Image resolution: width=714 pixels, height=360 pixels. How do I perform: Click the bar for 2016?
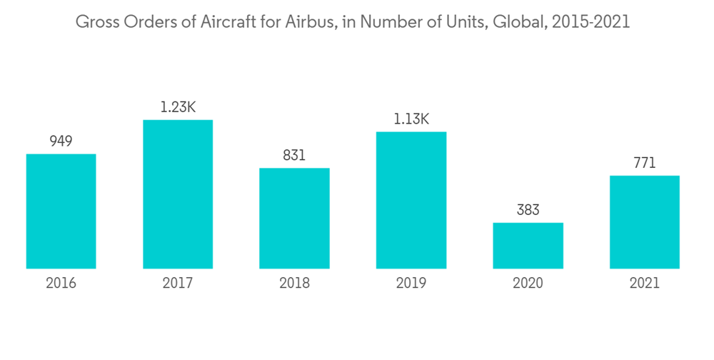[61, 211]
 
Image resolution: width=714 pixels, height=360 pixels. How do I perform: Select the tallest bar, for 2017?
[178, 194]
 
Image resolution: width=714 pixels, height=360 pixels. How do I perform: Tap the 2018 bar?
[294, 219]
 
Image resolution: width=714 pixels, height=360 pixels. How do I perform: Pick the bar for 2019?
[411, 200]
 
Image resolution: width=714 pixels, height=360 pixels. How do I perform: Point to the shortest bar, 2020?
[528, 246]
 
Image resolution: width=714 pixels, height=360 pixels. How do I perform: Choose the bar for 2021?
[644, 222]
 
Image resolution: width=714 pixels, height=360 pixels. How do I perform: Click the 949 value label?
[61, 141]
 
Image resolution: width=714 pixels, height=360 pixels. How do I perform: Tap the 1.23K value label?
[178, 107]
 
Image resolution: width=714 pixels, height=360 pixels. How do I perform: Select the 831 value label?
[294, 155]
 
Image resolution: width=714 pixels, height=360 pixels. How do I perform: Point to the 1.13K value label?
[411, 119]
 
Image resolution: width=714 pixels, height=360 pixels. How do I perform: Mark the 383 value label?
[528, 210]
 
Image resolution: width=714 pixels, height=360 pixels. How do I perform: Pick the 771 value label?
[644, 163]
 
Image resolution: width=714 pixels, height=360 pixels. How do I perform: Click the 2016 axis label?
[61, 283]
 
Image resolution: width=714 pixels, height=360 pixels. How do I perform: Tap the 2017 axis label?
[178, 283]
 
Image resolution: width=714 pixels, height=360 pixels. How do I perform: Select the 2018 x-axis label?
[294, 283]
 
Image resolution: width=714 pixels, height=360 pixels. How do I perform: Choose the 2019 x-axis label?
[411, 283]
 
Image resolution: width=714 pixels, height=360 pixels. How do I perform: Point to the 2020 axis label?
[528, 283]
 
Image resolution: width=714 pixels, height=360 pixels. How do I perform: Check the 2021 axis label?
[644, 283]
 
